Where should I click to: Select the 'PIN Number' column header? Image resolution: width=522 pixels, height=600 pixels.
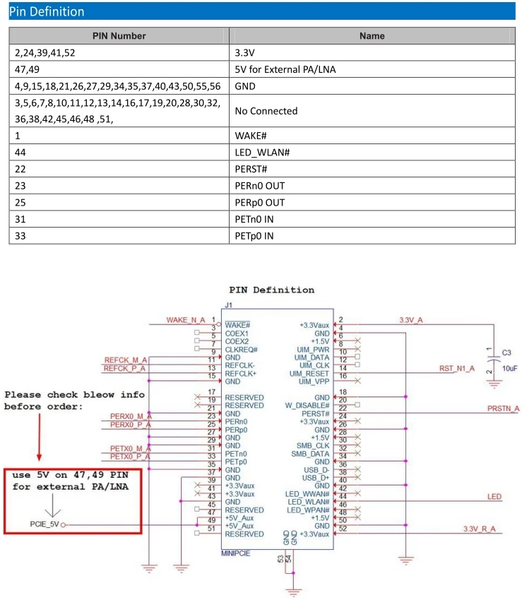click(119, 35)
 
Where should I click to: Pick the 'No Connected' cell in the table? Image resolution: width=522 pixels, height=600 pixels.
click(266, 111)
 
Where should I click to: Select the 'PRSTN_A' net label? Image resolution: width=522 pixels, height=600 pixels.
click(503, 408)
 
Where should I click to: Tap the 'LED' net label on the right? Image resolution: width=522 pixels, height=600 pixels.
click(494, 497)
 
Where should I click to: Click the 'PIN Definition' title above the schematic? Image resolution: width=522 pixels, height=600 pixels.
click(272, 290)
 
